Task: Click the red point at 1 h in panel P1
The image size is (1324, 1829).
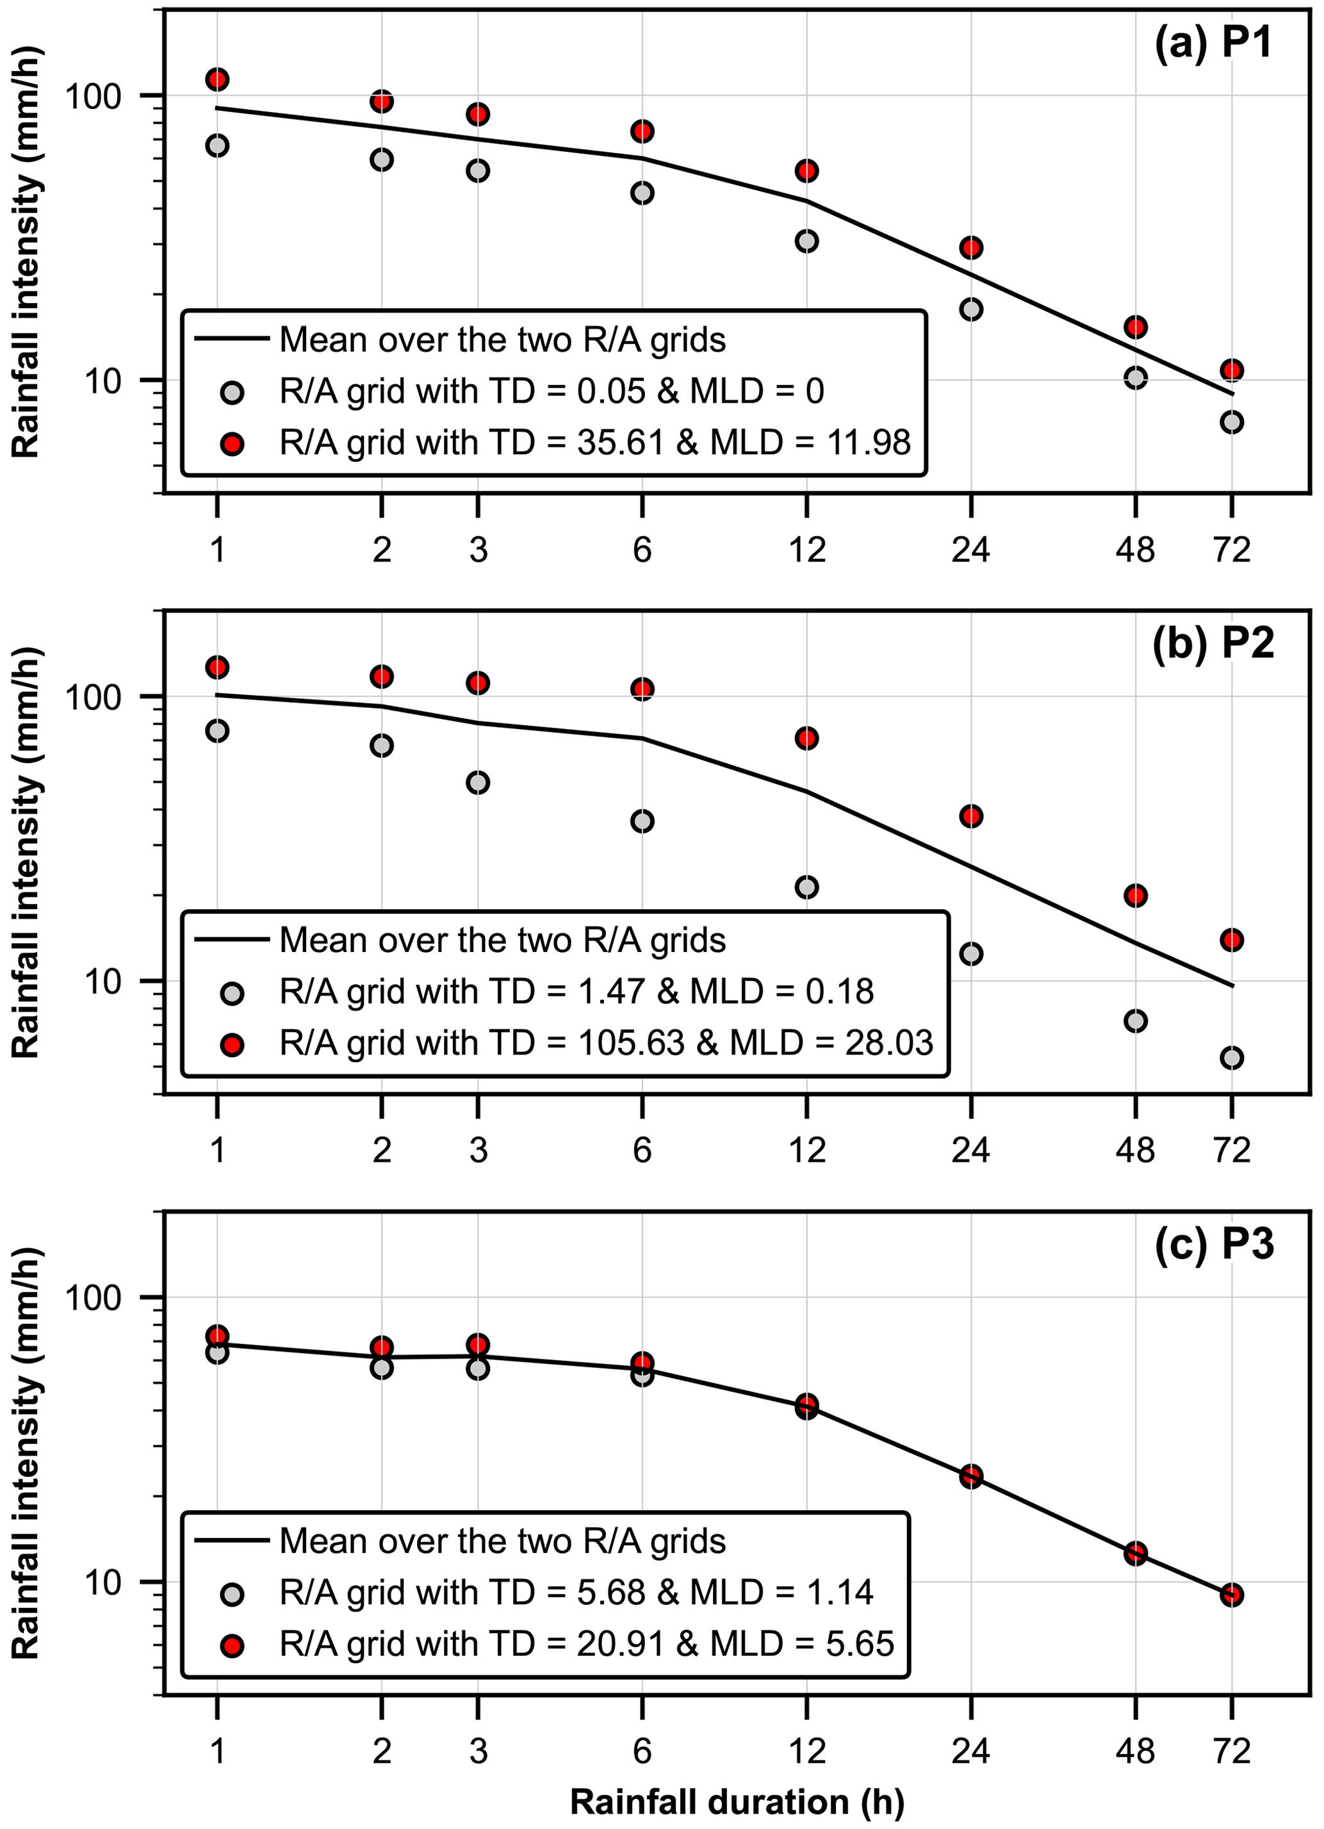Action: [217, 79]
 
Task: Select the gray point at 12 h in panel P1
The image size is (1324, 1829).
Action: [806, 240]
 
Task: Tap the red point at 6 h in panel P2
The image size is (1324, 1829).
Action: [642, 688]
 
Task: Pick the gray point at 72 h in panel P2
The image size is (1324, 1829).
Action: [1231, 1056]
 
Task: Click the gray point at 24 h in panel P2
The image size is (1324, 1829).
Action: [971, 953]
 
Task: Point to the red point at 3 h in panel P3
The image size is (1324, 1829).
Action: [478, 1344]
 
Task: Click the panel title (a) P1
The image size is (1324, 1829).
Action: [1214, 42]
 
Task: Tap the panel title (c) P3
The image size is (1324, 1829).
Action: [1214, 1243]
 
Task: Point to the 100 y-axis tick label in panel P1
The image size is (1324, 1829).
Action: [93, 96]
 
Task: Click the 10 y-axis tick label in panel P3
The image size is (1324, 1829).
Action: [104, 1582]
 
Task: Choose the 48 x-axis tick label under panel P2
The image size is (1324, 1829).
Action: [1135, 1150]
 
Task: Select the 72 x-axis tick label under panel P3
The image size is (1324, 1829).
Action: [1231, 1751]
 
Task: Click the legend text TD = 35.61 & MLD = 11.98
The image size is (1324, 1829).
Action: [595, 443]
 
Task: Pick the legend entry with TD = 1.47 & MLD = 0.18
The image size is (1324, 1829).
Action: [576, 992]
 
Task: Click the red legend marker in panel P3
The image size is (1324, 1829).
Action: [233, 1645]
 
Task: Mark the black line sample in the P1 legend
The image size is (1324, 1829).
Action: [233, 339]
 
